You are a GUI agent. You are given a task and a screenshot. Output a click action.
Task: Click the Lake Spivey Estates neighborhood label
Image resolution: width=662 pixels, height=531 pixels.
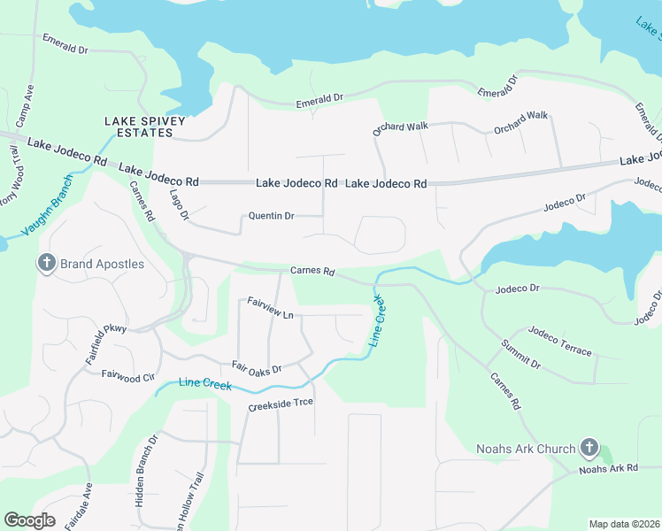(138, 127)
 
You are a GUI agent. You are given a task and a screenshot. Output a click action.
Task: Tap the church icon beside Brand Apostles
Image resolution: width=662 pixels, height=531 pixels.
(46, 263)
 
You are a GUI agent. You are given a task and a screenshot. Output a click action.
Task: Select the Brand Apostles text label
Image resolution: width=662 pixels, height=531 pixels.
(103, 264)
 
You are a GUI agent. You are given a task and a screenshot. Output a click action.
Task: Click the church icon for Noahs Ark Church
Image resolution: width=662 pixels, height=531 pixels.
(590, 449)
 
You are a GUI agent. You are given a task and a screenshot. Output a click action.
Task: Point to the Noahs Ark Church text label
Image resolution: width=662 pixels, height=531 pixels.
(525, 449)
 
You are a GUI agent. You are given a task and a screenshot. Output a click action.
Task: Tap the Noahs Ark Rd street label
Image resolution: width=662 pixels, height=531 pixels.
(608, 468)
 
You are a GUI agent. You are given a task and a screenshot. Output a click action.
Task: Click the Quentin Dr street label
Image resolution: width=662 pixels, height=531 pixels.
(272, 216)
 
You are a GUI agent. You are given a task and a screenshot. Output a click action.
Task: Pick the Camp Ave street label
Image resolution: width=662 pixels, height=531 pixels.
(28, 103)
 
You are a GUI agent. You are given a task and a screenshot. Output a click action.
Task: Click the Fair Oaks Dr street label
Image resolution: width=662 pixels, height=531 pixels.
(256, 366)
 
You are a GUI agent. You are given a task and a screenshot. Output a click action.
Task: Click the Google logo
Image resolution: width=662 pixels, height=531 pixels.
(29, 520)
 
